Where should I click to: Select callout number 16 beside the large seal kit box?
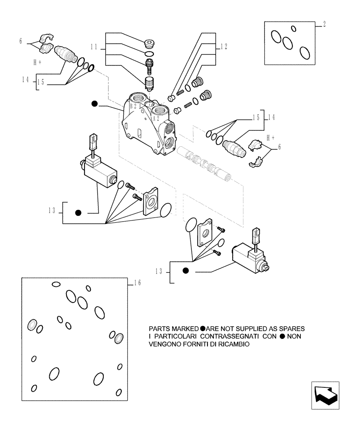coord(137,283)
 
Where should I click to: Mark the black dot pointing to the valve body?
coord(94,103)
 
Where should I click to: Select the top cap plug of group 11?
coord(150,43)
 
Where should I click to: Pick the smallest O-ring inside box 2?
coord(294,29)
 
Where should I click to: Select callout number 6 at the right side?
coord(279,147)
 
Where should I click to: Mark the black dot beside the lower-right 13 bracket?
coord(186,271)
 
